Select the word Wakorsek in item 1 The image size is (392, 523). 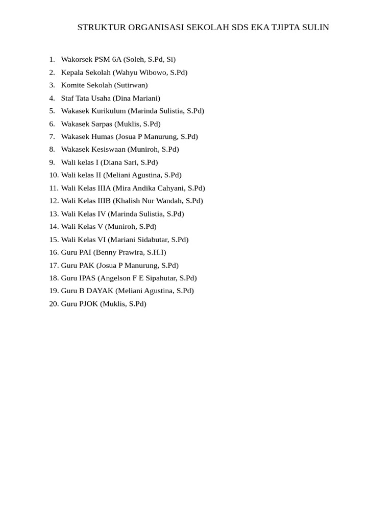click(x=77, y=59)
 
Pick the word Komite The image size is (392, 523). click(x=73, y=85)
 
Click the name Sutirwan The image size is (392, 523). click(x=131, y=85)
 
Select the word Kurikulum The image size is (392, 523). click(x=109, y=111)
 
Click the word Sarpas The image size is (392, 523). click(x=102, y=124)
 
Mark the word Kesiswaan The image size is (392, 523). click(x=108, y=149)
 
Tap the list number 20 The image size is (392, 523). click(x=54, y=304)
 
